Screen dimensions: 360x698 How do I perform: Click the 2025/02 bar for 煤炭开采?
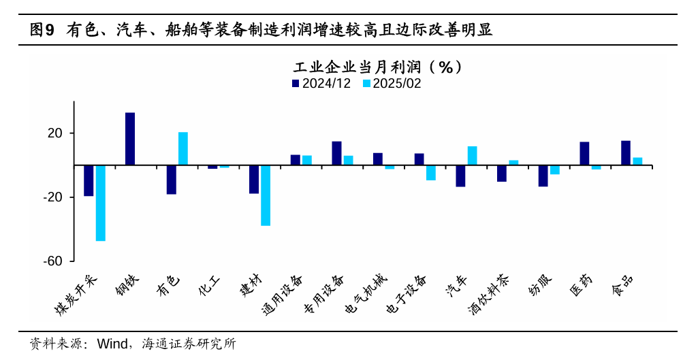(x=101, y=203)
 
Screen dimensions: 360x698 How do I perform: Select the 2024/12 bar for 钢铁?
(x=130, y=139)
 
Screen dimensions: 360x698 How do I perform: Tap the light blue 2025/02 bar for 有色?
(x=183, y=148)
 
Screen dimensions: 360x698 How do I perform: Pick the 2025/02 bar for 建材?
(x=266, y=195)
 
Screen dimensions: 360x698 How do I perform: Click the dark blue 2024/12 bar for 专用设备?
(x=336, y=153)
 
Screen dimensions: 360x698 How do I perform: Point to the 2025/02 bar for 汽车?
(x=472, y=156)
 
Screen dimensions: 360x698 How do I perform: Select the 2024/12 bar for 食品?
(x=626, y=153)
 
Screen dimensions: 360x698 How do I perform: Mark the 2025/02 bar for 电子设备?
(x=431, y=173)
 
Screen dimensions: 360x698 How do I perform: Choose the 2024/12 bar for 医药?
(x=584, y=154)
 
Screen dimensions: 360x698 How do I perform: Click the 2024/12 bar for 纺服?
(x=543, y=176)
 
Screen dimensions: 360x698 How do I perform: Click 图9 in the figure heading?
(x=42, y=29)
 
